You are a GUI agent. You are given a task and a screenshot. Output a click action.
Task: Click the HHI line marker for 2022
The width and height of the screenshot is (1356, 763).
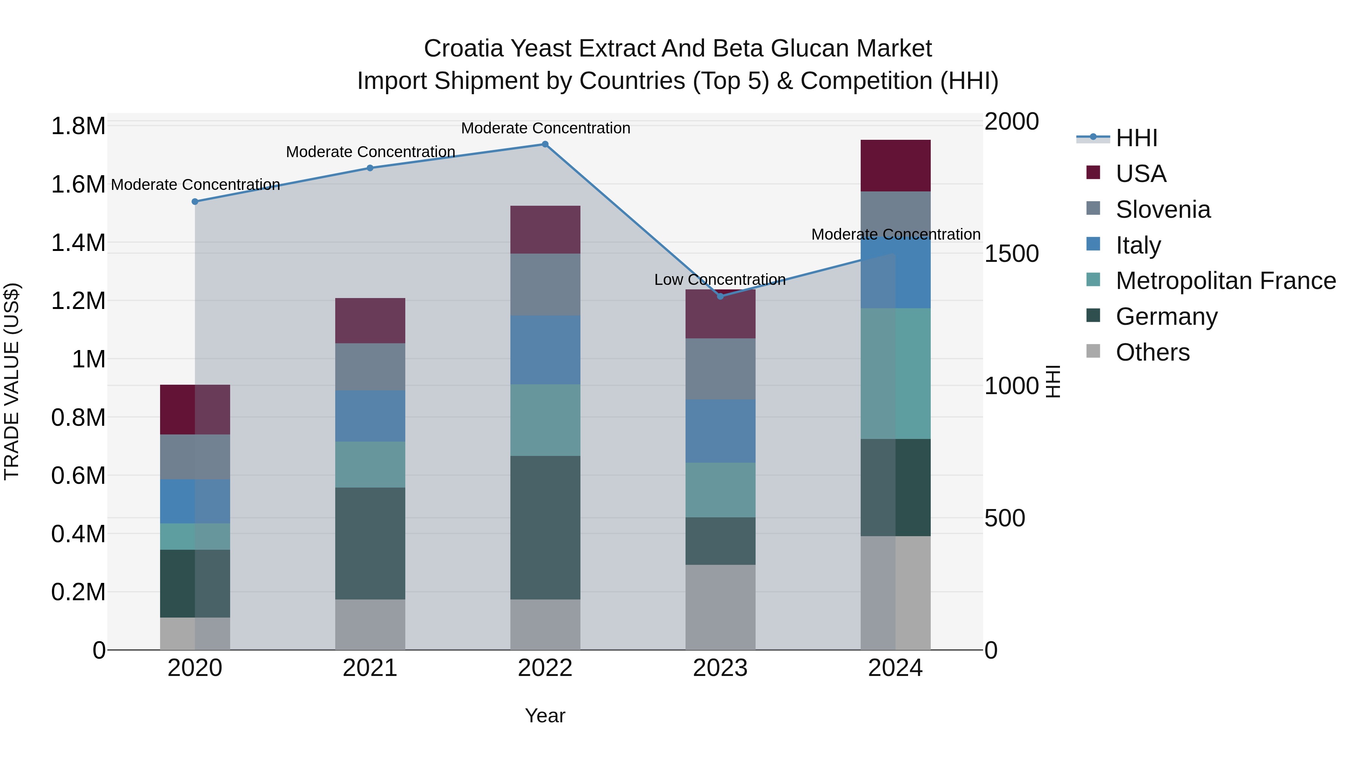(x=545, y=144)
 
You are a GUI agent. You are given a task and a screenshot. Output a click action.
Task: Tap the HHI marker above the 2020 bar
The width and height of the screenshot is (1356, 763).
(x=195, y=202)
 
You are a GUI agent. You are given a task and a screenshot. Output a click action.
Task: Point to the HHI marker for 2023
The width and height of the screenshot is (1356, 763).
(x=721, y=297)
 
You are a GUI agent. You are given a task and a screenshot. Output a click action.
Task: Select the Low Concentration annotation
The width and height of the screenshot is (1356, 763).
(x=719, y=280)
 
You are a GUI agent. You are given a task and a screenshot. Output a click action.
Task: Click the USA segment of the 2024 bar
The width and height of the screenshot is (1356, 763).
(x=895, y=166)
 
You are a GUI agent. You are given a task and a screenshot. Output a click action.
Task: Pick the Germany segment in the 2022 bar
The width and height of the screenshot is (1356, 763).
(x=545, y=527)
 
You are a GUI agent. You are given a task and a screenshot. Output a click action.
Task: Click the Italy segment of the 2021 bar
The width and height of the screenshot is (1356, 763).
(x=370, y=416)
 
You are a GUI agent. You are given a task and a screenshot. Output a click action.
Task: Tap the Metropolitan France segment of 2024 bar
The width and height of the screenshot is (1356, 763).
(x=895, y=373)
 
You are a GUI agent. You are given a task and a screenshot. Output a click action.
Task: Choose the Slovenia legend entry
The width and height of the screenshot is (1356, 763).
(x=1163, y=209)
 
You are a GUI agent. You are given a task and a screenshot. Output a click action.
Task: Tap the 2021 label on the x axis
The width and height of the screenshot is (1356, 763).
(x=370, y=668)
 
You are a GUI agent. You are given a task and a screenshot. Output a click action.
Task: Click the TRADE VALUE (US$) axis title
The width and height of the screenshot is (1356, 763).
(x=12, y=381)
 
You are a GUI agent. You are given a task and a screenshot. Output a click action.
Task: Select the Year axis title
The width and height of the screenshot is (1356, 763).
(x=545, y=716)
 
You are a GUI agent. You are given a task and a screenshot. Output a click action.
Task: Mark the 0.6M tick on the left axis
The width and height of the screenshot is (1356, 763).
(x=78, y=476)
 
